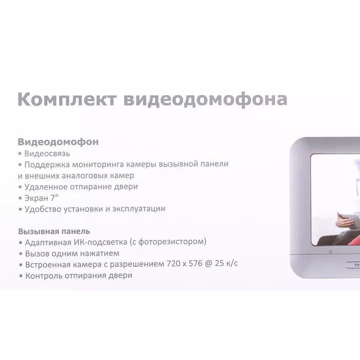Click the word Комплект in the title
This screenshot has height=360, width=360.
pos(67,100)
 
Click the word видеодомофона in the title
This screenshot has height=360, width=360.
pos(205,100)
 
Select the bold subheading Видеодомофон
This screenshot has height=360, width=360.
pos(58,142)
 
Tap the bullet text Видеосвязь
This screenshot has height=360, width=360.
pos(47,153)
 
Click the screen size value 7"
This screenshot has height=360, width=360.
pos(55,197)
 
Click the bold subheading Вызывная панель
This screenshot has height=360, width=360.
pos(54,231)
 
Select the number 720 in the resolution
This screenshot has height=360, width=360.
pos(173,264)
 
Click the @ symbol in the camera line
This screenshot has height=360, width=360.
pos(208,263)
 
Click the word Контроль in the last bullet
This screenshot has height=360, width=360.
pos(44,276)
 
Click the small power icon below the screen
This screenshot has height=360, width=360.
pos(330,252)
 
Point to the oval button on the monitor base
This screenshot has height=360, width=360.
pos(353,265)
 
